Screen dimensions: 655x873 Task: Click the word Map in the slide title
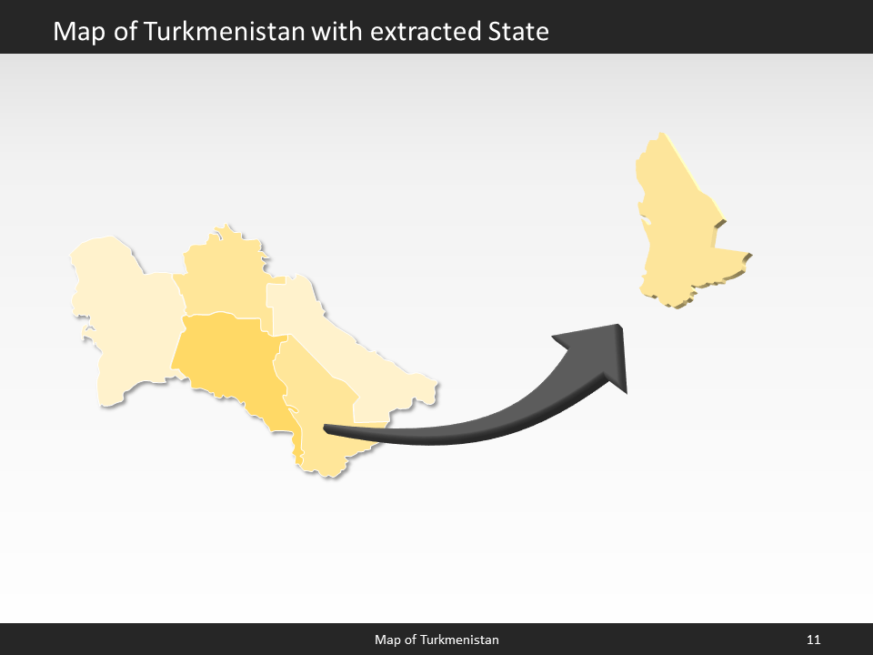click(x=75, y=32)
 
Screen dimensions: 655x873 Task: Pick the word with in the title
click(x=337, y=32)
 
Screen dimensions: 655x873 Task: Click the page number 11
click(x=813, y=640)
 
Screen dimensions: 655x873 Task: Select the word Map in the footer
click(x=387, y=640)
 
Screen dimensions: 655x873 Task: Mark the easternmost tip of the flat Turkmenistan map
click(x=437, y=382)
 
